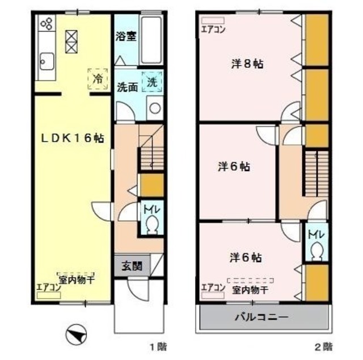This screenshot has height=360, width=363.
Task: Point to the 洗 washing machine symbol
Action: [x=152, y=81]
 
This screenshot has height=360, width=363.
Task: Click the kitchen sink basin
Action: [x=46, y=59]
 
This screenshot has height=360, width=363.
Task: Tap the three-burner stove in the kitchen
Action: [x=46, y=24]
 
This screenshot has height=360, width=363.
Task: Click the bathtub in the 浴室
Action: [x=151, y=40]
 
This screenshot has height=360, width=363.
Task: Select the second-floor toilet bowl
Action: [x=316, y=250]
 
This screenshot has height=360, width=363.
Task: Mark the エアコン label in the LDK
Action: [x=49, y=287]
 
